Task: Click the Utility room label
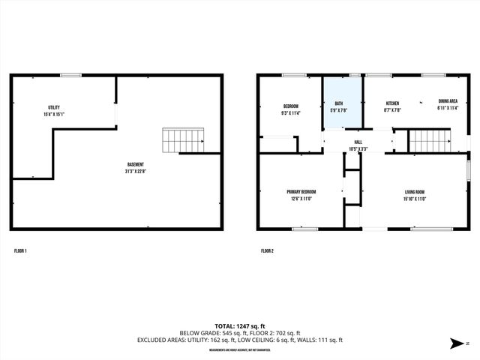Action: point(54,107)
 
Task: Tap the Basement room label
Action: point(135,164)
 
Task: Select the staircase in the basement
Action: point(184,140)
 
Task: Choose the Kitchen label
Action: point(392,103)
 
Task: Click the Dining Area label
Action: point(448,100)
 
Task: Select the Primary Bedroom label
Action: point(301,191)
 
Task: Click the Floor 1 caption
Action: point(20,250)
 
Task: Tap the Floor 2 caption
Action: point(267,250)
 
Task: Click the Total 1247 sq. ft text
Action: point(240,326)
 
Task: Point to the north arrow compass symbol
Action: point(456,343)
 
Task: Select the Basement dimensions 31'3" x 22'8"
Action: point(135,171)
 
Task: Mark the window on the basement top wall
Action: point(71,74)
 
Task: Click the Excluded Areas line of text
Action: point(240,340)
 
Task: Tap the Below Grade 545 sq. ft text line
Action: point(240,333)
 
